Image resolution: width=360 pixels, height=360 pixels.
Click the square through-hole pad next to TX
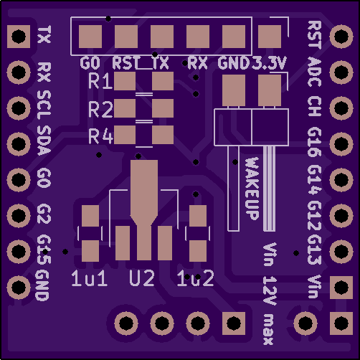[19, 37]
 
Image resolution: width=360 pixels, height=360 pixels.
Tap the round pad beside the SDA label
[19, 144]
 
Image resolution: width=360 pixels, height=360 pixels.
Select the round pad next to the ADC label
[341, 72]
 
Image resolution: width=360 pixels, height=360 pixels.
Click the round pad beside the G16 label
[341, 144]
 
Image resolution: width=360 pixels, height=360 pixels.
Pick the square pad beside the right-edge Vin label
[341, 288]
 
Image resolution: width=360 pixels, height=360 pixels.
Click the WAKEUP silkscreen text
[252, 189]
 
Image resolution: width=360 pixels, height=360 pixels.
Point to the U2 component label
[142, 278]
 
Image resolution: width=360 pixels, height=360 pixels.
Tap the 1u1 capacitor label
[89, 278]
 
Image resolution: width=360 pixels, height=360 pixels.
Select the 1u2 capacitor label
[195, 278]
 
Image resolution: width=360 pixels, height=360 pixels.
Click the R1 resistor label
[100, 81]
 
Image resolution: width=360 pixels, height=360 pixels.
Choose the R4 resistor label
[100, 136]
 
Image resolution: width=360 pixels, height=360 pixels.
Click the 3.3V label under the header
[268, 63]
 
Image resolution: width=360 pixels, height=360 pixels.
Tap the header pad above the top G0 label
[90, 37]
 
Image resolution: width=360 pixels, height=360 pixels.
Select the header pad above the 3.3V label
[270, 37]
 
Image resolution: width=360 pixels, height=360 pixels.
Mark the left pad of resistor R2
[125, 108]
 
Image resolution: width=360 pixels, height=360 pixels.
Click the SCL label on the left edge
[44, 106]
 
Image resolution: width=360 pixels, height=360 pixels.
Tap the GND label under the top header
[234, 63]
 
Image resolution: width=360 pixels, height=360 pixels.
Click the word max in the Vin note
[268, 329]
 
